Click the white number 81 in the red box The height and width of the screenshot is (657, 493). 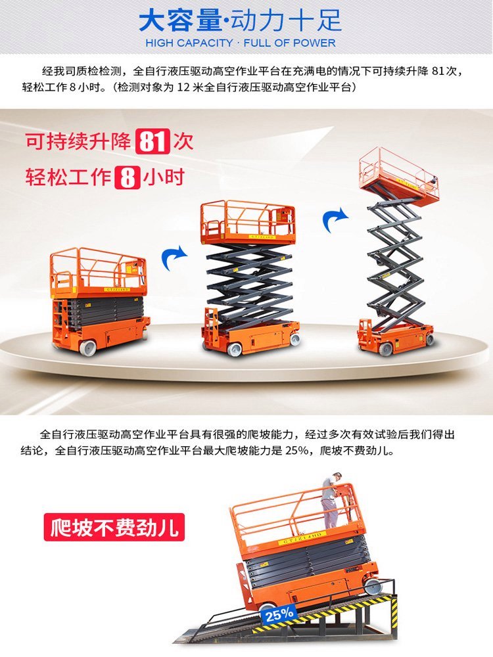(x=153, y=141)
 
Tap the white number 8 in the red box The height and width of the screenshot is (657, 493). (x=127, y=177)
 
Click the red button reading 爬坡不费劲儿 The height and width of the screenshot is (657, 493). (x=114, y=527)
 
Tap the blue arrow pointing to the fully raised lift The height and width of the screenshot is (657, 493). (x=335, y=219)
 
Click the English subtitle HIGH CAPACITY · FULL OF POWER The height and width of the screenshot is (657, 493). (x=241, y=43)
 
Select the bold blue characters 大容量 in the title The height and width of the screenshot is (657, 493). (x=179, y=21)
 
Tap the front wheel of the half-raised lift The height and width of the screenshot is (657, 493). (x=234, y=350)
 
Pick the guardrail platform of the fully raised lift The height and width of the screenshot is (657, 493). (x=399, y=175)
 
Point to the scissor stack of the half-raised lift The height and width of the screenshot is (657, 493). (x=250, y=285)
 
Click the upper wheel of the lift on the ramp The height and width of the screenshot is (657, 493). (x=372, y=586)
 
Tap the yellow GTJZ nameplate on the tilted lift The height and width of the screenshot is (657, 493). (x=302, y=538)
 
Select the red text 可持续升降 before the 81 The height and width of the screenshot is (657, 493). (x=78, y=142)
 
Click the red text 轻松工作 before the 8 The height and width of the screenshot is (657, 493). (x=68, y=177)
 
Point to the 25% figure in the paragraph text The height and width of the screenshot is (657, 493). (x=297, y=451)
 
